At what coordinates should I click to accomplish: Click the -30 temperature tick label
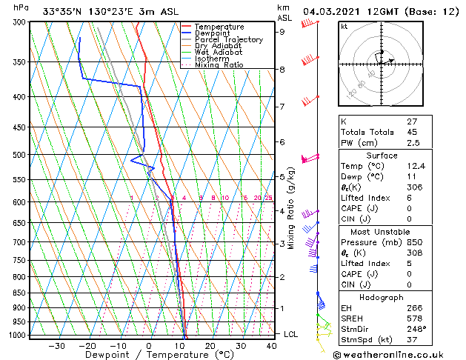point(56,346)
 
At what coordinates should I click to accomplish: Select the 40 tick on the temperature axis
point(272,346)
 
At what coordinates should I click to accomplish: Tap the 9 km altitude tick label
point(282,32)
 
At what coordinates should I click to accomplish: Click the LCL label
point(291,334)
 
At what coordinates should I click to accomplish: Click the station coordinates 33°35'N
point(61,12)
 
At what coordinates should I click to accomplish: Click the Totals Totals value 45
point(413,133)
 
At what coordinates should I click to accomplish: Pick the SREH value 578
point(415,319)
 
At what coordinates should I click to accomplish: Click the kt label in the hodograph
point(344,26)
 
